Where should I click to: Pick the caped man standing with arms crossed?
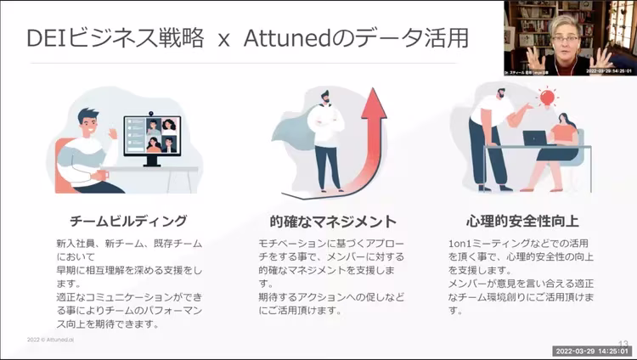(x=325, y=140)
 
